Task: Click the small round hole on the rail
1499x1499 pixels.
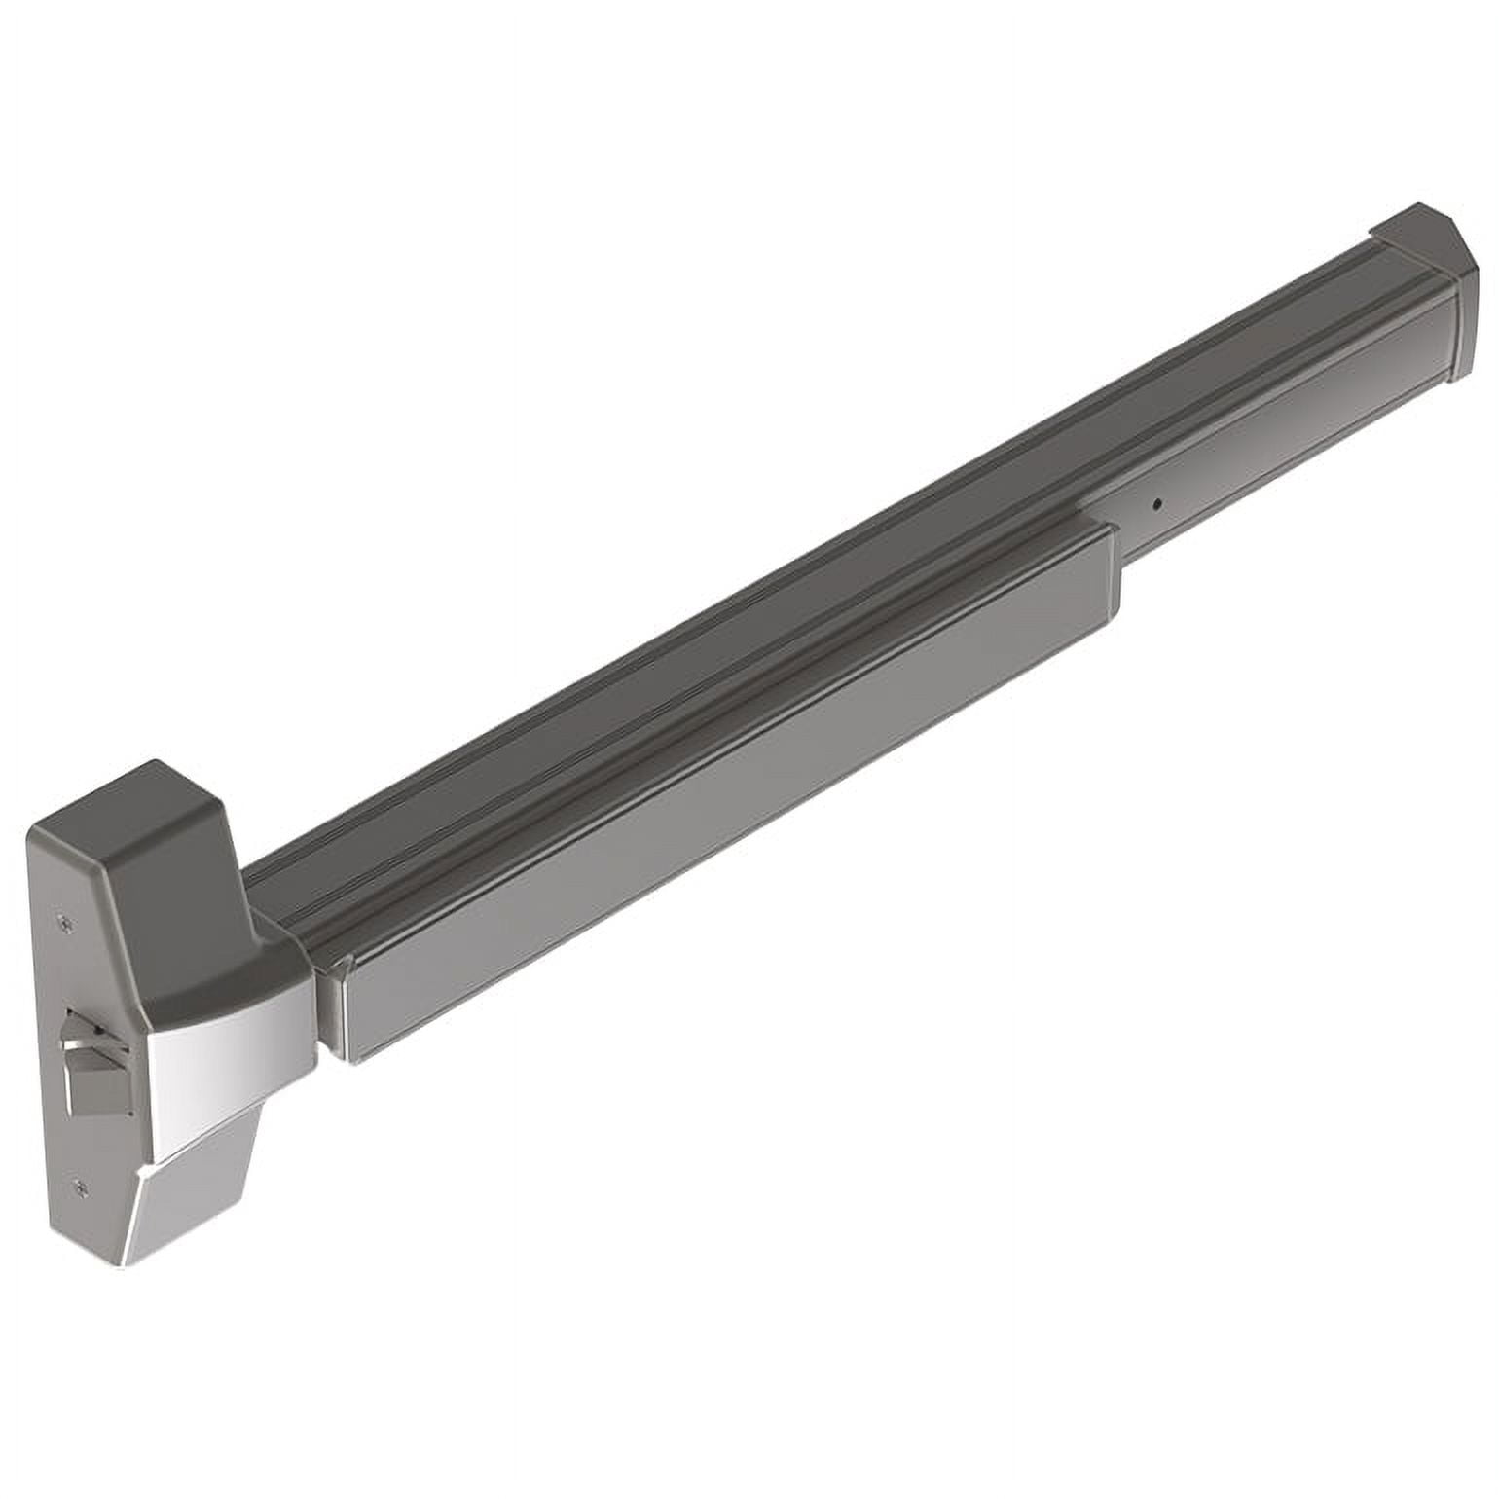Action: coord(1156,503)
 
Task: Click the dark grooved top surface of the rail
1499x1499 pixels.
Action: coord(779,565)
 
